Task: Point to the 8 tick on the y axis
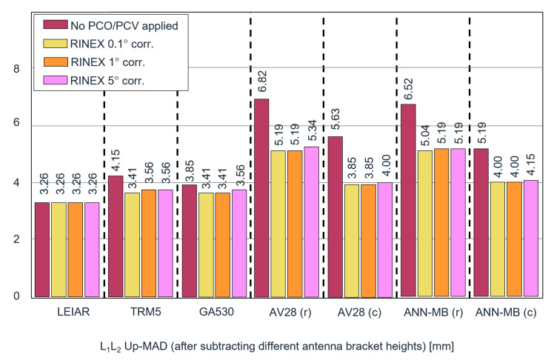pyautogui.click(x=21, y=69)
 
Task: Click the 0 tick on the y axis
pyautogui.click(x=21, y=296)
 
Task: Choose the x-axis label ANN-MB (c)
pyautogui.click(x=505, y=313)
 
